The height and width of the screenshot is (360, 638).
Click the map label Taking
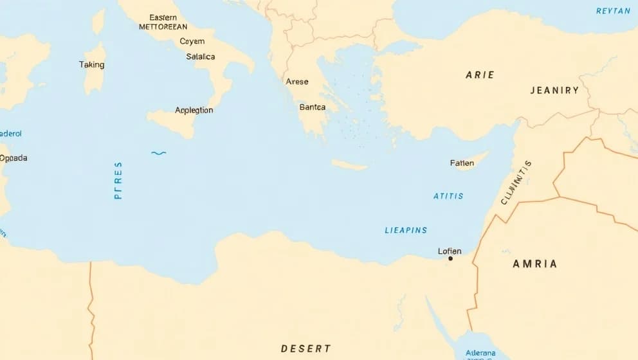[91, 64]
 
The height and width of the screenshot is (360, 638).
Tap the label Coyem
[192, 41]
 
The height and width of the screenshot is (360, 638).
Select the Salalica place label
[201, 57]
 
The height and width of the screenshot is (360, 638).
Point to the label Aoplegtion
[194, 110]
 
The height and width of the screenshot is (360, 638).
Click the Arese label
[297, 82]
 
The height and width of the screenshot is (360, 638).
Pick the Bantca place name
[313, 107]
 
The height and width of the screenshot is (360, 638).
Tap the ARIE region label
[480, 75]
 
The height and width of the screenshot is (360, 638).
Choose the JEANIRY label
[554, 91]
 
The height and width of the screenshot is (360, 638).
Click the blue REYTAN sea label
[613, 11]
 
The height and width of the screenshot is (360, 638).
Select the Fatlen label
[462, 163]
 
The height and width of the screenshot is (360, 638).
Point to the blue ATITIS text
[448, 196]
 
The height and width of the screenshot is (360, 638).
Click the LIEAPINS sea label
[406, 230]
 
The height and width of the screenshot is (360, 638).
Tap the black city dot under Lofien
[450, 258]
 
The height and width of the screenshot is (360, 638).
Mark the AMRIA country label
[535, 264]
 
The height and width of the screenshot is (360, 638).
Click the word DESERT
[306, 348]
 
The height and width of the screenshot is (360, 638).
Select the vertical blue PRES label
[118, 180]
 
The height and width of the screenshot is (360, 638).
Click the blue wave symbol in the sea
[158, 153]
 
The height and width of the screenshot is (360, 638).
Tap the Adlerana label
[480, 353]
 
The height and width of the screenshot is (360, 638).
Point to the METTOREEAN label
[163, 27]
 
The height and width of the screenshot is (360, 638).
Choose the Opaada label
[14, 157]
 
